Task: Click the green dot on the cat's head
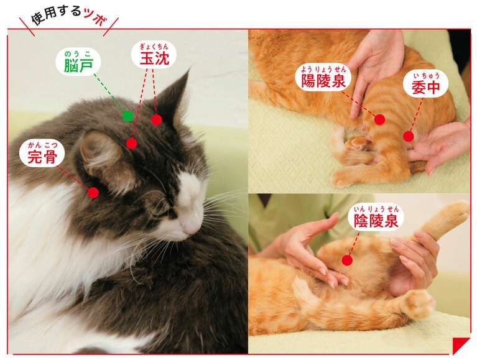coord(127,115)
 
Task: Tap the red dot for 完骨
coord(93,192)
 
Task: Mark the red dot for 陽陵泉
coord(379,119)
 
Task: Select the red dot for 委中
coord(408,136)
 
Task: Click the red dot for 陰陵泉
coord(346,260)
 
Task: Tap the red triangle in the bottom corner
coord(460,345)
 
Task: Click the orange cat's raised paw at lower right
coord(419,303)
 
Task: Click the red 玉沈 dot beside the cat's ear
coord(157,119)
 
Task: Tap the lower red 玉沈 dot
coord(131,143)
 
